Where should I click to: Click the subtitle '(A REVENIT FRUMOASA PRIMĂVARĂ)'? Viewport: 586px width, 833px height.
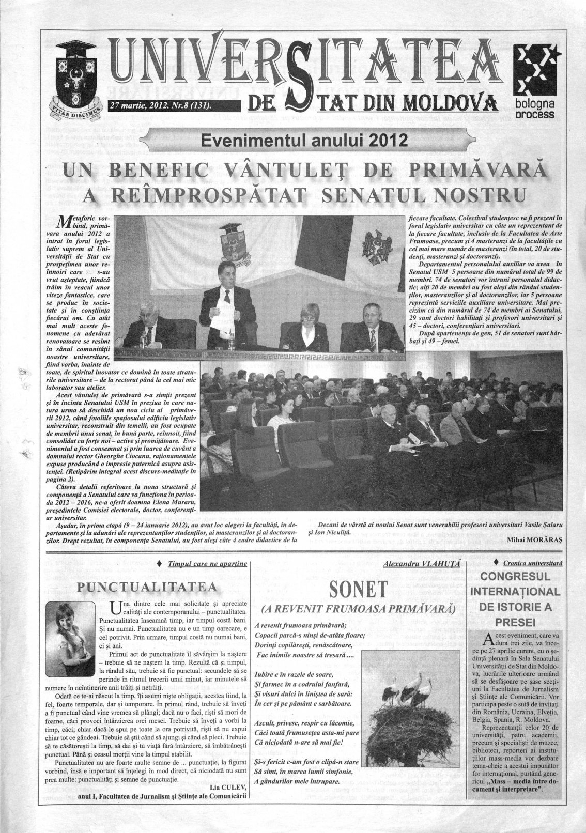(x=359, y=610)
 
